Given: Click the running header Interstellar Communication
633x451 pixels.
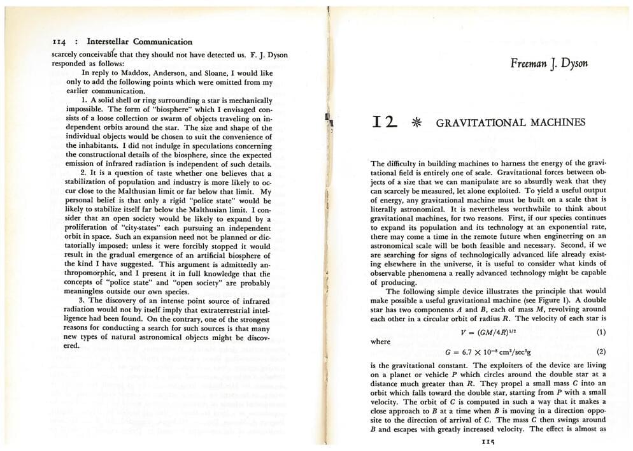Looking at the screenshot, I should (x=139, y=42).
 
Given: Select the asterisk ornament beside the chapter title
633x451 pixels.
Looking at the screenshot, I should (x=417, y=123).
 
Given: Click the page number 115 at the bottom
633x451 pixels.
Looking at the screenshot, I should (x=488, y=441).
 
